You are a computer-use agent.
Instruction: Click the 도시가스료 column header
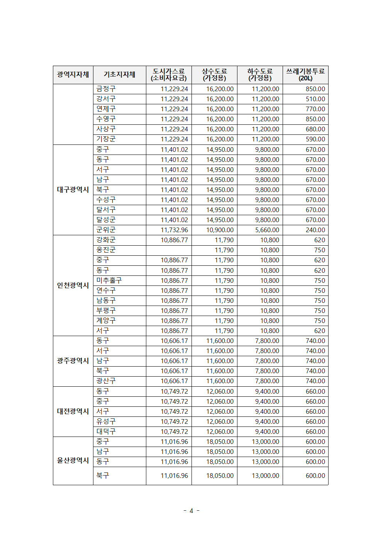click(x=169, y=75)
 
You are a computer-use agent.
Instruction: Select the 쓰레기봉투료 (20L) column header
click(x=305, y=75)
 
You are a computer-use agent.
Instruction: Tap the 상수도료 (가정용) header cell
click(x=214, y=75)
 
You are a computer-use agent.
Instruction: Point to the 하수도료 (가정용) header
click(x=260, y=75)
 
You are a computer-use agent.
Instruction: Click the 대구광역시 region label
click(x=73, y=190)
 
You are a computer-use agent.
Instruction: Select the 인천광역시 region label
click(x=73, y=285)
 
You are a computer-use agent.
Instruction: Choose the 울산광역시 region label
click(x=73, y=460)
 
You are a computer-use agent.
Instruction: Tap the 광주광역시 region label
click(x=73, y=361)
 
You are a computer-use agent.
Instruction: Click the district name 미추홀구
click(x=109, y=280)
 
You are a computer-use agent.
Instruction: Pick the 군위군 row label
click(x=106, y=230)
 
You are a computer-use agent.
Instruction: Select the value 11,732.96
click(x=174, y=230)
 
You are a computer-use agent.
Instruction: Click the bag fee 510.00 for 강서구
click(x=315, y=99)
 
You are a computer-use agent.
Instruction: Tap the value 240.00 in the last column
click(x=315, y=230)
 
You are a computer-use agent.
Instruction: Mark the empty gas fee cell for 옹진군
click(x=169, y=250)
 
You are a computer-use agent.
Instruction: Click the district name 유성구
click(x=106, y=421)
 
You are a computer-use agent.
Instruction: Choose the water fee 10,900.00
click(x=220, y=230)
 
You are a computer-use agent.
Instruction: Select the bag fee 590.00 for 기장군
click(x=315, y=139)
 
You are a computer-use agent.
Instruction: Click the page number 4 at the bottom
click(x=191, y=511)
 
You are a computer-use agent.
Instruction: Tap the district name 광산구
click(x=106, y=381)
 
